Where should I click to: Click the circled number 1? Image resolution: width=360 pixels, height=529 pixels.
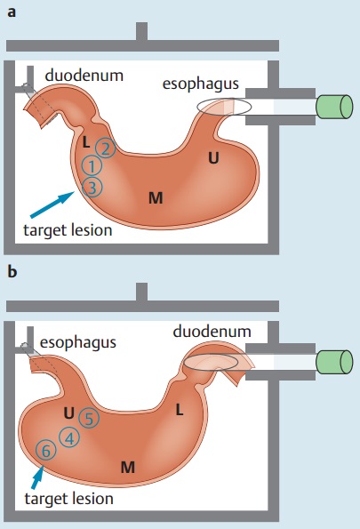[x=92, y=166]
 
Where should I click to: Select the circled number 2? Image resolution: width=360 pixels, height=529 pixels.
[x=105, y=148]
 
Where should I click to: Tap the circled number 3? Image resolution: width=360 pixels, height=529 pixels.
[x=92, y=187]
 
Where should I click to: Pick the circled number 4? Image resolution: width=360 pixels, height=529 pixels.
[x=69, y=438]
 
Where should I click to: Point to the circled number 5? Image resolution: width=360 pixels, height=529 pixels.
[x=89, y=418]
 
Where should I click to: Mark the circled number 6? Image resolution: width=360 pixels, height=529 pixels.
[x=46, y=451]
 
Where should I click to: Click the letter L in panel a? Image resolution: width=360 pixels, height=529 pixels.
[x=86, y=143]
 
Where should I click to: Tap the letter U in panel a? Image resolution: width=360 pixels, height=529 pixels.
[x=213, y=157]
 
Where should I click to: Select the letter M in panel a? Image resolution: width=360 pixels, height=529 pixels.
[x=156, y=197]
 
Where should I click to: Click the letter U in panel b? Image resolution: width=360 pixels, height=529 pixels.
[x=68, y=413]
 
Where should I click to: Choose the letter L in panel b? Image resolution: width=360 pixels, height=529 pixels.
[x=180, y=410]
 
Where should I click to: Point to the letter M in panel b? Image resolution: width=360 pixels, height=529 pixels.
[x=128, y=468]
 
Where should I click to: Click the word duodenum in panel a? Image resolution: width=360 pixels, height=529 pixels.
[x=84, y=76]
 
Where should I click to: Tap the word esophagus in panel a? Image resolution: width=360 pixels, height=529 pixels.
[x=201, y=84]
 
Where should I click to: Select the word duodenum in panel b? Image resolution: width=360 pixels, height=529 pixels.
[x=212, y=332]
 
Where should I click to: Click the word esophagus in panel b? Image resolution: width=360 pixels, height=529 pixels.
[x=78, y=342]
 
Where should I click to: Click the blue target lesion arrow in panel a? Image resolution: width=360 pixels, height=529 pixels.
[x=52, y=204]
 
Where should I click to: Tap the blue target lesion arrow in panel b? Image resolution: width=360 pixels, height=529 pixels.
[x=37, y=477]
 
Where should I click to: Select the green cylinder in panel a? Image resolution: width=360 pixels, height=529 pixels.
[x=334, y=107]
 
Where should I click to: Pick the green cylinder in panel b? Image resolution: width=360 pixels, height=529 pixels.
[x=334, y=363]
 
